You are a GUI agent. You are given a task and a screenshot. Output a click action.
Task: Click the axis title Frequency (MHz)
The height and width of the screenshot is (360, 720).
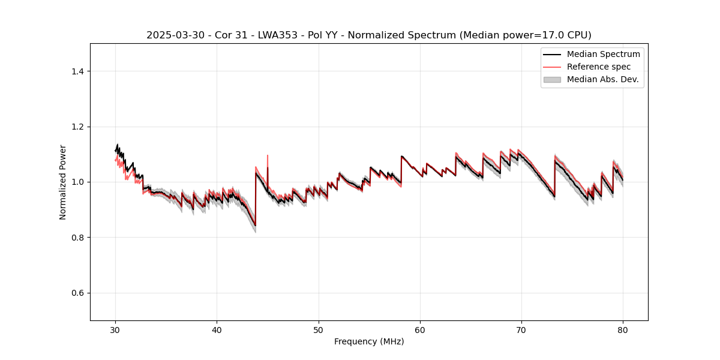pos(369,341)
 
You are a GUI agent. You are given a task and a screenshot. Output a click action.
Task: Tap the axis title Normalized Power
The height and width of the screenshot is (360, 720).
pos(62,182)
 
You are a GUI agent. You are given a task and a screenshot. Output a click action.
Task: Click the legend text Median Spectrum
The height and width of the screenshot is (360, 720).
pos(603,54)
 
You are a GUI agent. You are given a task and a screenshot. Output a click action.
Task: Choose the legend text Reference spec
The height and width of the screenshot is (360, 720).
pos(599,67)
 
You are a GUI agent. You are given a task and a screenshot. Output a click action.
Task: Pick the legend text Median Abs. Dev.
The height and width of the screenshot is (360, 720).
pos(602,79)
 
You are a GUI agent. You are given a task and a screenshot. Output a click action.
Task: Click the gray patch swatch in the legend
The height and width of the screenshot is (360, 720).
pos(552,79)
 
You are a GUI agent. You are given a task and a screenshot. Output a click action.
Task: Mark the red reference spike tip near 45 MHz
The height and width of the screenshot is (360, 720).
pos(268,155)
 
